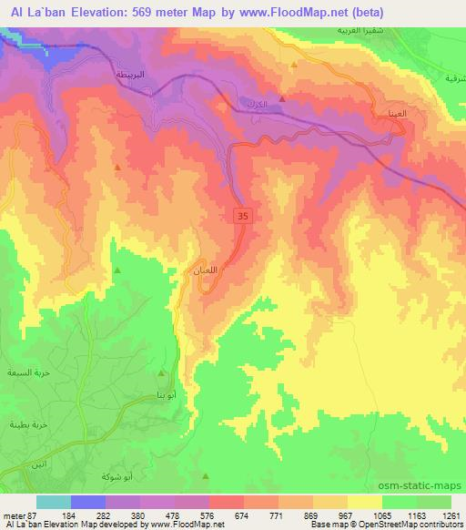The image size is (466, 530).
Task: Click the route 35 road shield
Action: point(241,216)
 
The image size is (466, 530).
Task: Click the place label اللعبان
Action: point(208,270)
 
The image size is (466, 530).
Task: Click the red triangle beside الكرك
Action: point(283,98)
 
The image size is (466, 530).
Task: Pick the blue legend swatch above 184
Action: point(87,503)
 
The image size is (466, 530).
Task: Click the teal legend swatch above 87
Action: point(53,503)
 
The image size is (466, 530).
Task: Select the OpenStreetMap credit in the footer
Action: point(406,525)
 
